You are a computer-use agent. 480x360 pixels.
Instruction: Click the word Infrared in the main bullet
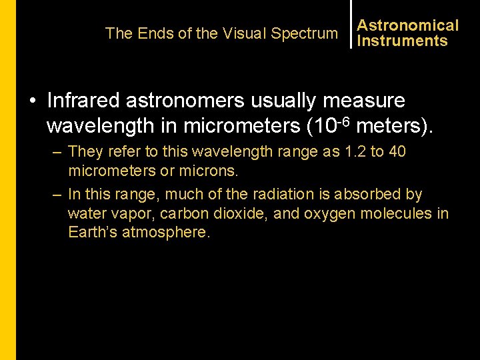point(84,101)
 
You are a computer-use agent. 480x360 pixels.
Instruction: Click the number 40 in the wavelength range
point(397,152)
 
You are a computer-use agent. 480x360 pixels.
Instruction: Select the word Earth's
point(93,233)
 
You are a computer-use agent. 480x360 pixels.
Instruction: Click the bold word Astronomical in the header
point(408,25)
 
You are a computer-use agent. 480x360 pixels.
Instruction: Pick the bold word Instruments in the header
point(403,41)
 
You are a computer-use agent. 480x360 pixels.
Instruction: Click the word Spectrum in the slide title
point(305,33)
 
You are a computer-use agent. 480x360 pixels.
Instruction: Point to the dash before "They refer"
point(57,153)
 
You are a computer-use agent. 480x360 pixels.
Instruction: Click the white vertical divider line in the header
point(351,24)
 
